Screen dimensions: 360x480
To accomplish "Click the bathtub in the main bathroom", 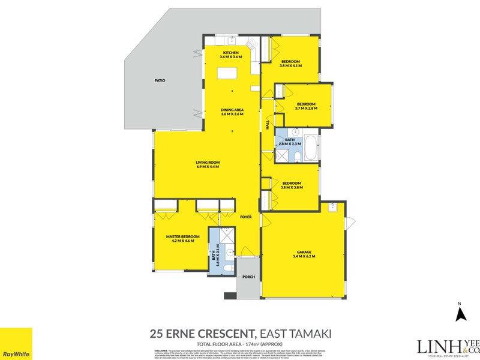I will pos(311,148).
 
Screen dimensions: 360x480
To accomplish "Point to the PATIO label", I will pos(159,80).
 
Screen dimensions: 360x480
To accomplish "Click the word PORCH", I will pos(248,277).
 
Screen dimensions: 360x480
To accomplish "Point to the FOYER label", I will pos(246,217).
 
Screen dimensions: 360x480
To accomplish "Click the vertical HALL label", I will pos(268,125).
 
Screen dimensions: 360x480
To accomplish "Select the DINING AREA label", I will pos(232,110).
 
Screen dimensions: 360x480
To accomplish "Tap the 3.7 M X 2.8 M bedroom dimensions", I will pos(306,109).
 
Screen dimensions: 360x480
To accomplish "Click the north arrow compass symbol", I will pos(461,314).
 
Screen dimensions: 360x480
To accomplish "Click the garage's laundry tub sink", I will pos(333,208).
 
